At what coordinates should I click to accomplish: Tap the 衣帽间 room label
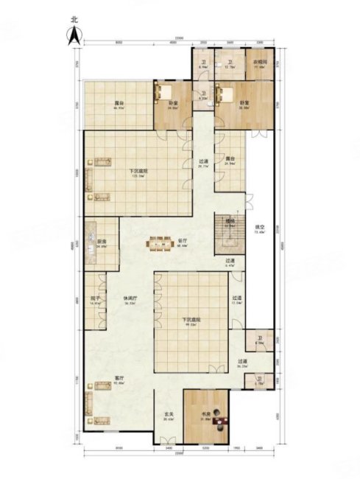260,63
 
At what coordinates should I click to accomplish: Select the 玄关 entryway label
169,419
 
